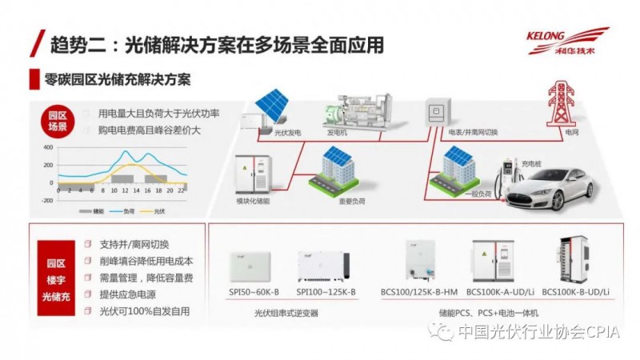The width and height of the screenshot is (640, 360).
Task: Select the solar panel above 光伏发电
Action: point(272,102)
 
